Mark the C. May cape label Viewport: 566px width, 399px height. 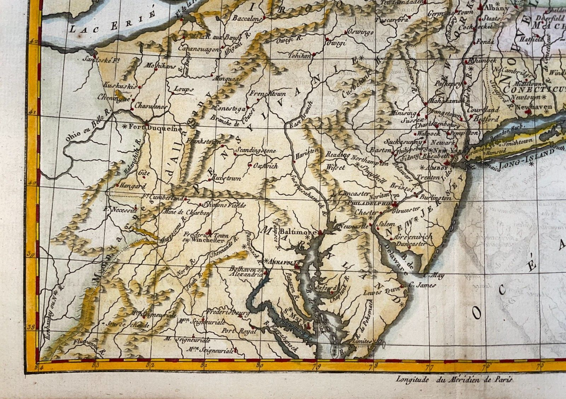[x=433, y=275]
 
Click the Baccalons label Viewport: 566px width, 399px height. [x=246, y=19]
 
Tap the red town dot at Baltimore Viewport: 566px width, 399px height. [x=320, y=233]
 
